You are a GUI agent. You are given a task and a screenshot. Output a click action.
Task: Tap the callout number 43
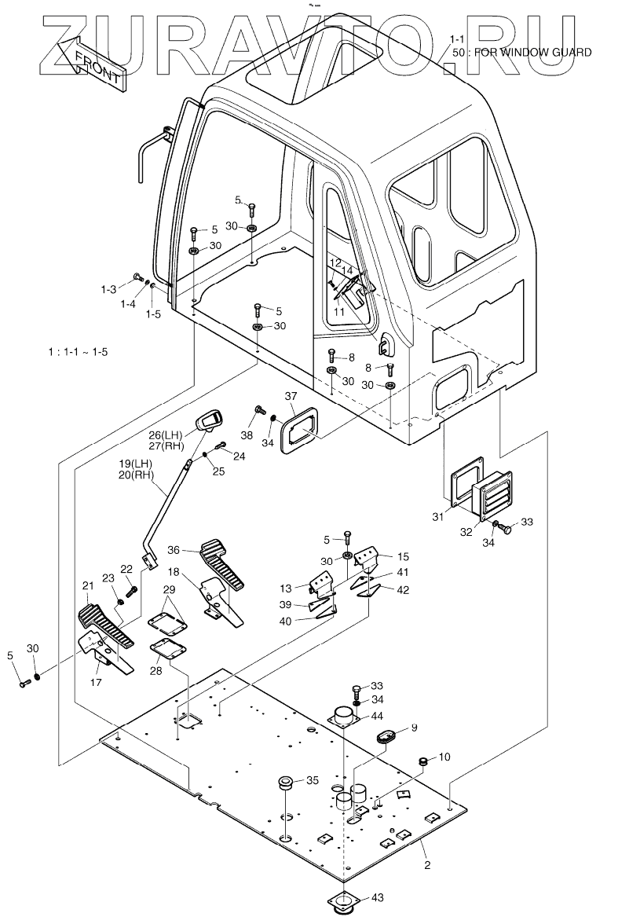point(378,897)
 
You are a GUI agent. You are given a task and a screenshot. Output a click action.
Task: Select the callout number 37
point(291,395)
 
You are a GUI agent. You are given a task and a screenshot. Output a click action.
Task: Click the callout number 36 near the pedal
point(174,550)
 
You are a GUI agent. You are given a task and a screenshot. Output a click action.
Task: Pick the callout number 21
point(86,585)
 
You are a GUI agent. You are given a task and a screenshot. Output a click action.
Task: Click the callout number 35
point(313,780)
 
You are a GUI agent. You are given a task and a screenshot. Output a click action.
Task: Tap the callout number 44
point(378,716)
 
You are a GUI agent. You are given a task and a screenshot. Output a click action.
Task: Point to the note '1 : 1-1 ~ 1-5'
point(78,352)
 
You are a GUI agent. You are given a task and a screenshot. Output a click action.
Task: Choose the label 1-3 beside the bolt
point(108,290)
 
